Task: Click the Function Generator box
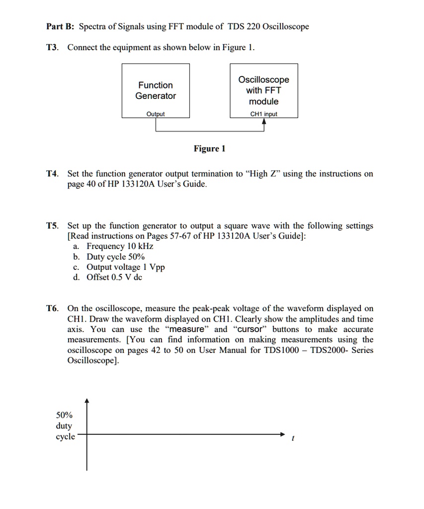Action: (x=156, y=90)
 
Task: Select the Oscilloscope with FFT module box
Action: (x=263, y=90)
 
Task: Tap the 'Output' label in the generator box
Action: (x=156, y=114)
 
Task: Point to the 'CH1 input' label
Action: (x=263, y=114)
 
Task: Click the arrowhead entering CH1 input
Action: (x=264, y=122)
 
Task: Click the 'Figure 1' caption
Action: (x=209, y=149)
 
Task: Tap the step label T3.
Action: (x=52, y=47)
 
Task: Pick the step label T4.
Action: (x=52, y=174)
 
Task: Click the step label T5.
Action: (x=52, y=226)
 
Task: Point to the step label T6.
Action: (x=52, y=309)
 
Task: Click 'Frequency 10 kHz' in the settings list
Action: (x=120, y=247)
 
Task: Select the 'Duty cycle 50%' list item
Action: (x=115, y=257)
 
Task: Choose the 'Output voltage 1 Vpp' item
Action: (x=125, y=267)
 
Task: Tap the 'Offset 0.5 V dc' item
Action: (x=114, y=277)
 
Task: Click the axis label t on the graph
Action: (x=293, y=439)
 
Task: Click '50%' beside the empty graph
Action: (x=64, y=415)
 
